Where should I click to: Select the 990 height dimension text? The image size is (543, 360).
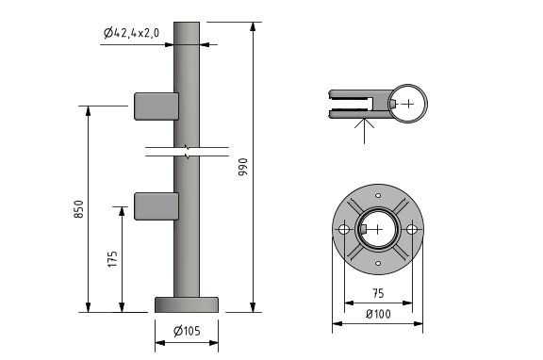(x=242, y=167)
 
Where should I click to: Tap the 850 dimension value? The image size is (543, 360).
(x=78, y=208)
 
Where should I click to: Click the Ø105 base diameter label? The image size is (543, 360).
(x=187, y=330)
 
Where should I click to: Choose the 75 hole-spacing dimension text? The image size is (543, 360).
(x=377, y=292)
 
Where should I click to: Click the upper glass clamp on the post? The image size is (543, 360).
(x=156, y=106)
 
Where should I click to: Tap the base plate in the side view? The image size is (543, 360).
(x=187, y=304)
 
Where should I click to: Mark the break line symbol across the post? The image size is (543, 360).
(x=189, y=150)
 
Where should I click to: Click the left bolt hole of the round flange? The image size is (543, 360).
(x=342, y=230)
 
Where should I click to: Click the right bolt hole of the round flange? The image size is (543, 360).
(x=411, y=230)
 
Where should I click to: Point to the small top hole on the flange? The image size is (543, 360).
(x=377, y=195)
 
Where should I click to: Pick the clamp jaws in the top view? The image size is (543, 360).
(x=353, y=103)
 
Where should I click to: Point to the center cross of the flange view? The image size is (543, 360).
(x=377, y=230)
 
